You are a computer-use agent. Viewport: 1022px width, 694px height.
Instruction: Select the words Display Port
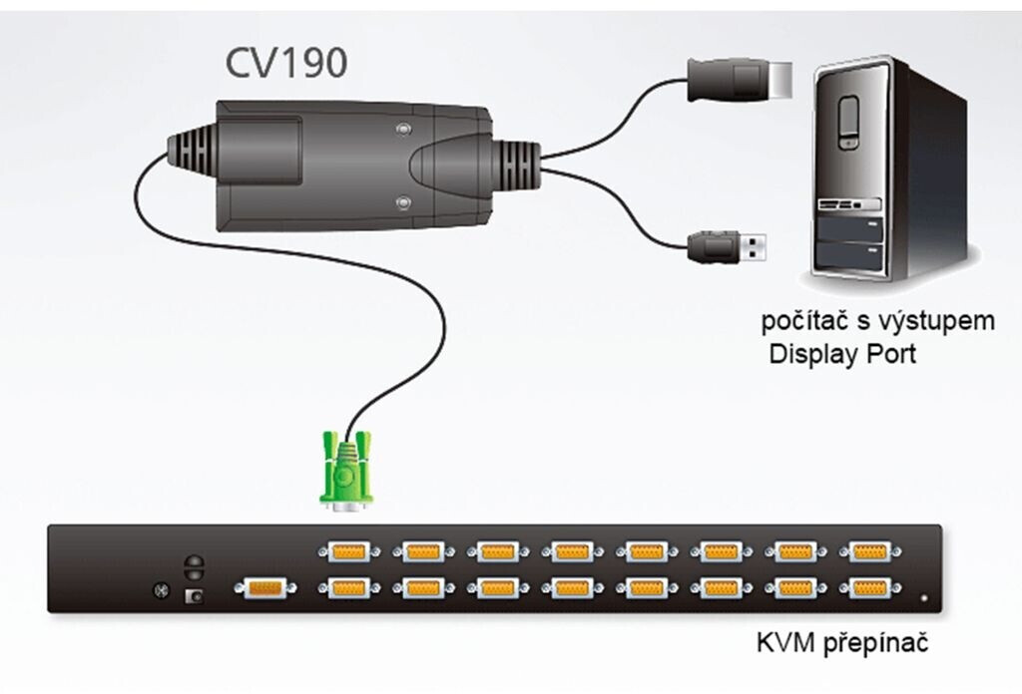coord(840,353)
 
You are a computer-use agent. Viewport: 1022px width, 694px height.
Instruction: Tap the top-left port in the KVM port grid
coord(345,550)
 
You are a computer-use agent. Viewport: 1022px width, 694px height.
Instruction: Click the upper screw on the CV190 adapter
coord(402,130)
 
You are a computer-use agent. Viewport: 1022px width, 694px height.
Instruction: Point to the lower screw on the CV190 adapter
coord(402,203)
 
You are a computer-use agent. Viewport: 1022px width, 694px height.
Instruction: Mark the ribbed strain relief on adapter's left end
coord(190,156)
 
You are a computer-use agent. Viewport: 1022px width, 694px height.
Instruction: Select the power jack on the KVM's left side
coord(196,595)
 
